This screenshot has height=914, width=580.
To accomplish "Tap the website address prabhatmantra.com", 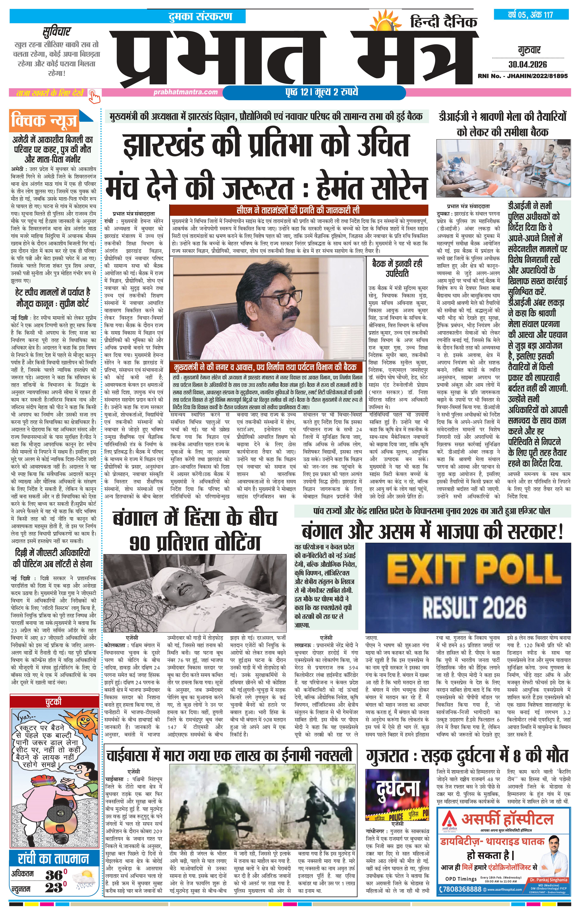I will tap(186, 92).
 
